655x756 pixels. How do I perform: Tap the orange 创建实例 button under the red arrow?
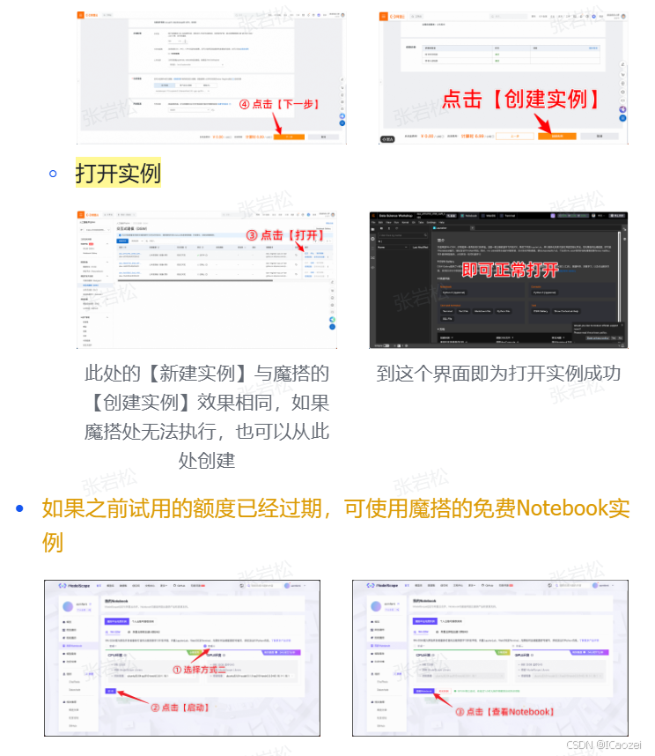pyautogui.click(x=556, y=137)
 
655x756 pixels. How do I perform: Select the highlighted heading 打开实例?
pyautogui.click(x=118, y=172)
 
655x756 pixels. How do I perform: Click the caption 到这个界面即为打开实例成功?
pyautogui.click(x=498, y=374)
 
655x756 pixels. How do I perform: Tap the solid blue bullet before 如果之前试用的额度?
pyautogui.click(x=20, y=508)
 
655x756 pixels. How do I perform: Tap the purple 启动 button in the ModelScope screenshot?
pyautogui.click(x=110, y=691)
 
